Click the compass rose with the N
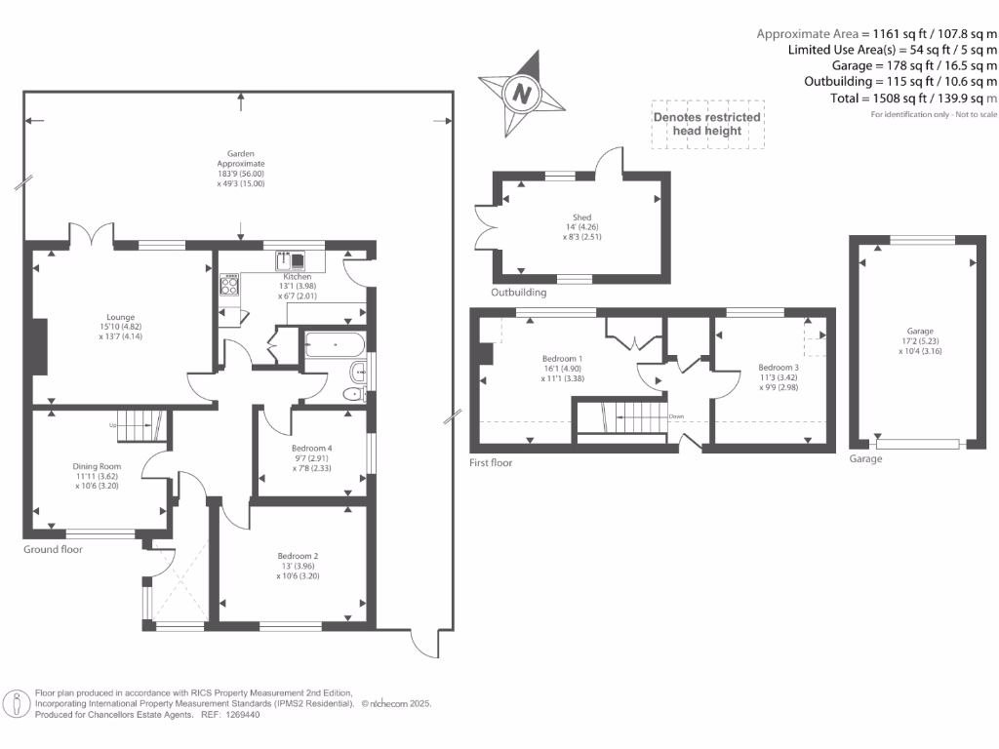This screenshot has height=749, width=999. tap(522, 95)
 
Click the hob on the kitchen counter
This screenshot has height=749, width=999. tap(230, 284)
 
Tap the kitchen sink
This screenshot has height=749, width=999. tap(292, 259)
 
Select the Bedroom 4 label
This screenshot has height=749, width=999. tap(311, 448)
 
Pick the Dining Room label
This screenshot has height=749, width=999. tap(96, 466)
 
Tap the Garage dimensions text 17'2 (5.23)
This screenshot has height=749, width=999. tap(919, 341)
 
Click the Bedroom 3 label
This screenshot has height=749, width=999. tap(778, 368)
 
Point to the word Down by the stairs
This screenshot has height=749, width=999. tap(676, 415)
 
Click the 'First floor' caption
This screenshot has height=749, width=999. tap(491, 463)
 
